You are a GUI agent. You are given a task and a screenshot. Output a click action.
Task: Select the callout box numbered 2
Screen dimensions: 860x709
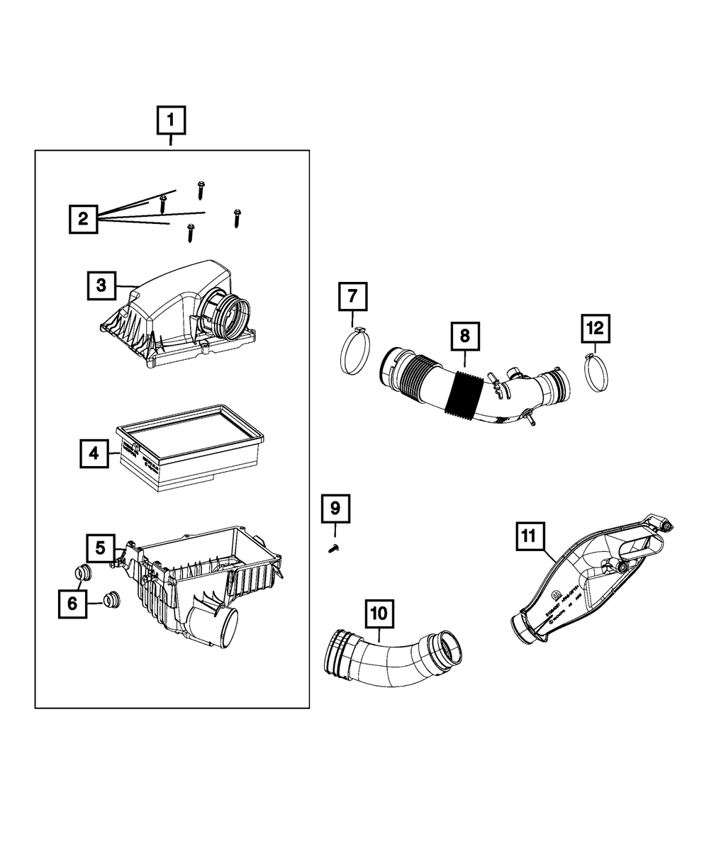point(84,218)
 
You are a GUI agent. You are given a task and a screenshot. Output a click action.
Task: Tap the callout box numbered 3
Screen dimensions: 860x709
point(102,285)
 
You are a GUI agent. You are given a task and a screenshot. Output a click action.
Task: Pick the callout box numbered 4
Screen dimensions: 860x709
point(94,453)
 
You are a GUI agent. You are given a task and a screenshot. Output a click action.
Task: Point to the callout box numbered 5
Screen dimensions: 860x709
point(101,548)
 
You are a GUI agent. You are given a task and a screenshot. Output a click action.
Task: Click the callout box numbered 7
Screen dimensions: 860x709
point(352,296)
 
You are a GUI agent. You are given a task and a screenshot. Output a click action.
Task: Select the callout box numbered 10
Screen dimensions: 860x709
point(379,614)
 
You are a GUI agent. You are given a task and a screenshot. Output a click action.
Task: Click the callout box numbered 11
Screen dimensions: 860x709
point(529,536)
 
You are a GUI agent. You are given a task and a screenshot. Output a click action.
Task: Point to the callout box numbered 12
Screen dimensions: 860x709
point(596,328)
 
